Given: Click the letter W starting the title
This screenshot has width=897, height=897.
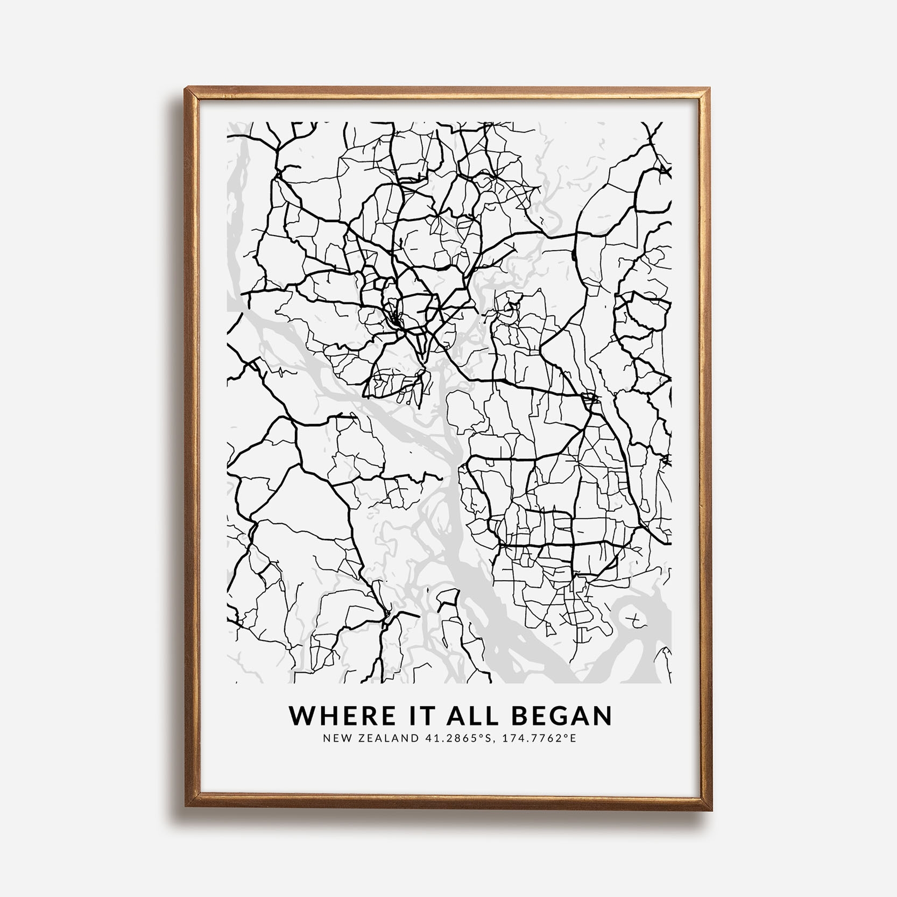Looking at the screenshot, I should (302, 716).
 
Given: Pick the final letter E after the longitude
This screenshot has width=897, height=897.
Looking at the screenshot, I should (573, 738).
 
